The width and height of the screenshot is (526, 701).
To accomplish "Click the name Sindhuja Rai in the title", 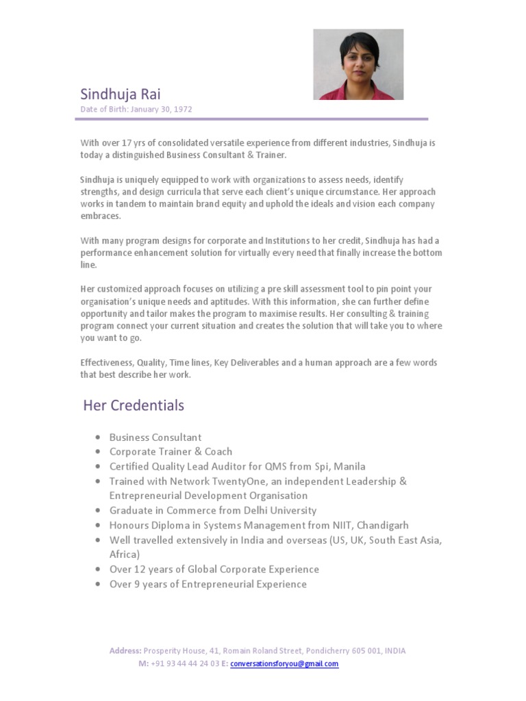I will point(121,94).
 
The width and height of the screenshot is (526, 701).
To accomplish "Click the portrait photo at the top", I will point(358,64).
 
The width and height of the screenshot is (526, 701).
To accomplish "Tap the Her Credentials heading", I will point(134,405).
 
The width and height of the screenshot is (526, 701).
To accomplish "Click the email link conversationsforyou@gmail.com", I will point(284,664).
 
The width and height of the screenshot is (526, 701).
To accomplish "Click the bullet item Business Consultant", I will point(155,437).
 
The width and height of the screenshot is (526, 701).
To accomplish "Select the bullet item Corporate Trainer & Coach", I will point(171,452).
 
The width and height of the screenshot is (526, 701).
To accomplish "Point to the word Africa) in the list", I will point(125,555).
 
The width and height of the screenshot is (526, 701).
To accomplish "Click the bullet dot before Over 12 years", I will point(99,570).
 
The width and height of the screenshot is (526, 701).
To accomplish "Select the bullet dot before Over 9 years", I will point(99,585).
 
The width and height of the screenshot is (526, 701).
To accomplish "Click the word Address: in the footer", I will point(125,651).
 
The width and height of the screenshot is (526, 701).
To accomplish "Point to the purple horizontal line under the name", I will point(251,119).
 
